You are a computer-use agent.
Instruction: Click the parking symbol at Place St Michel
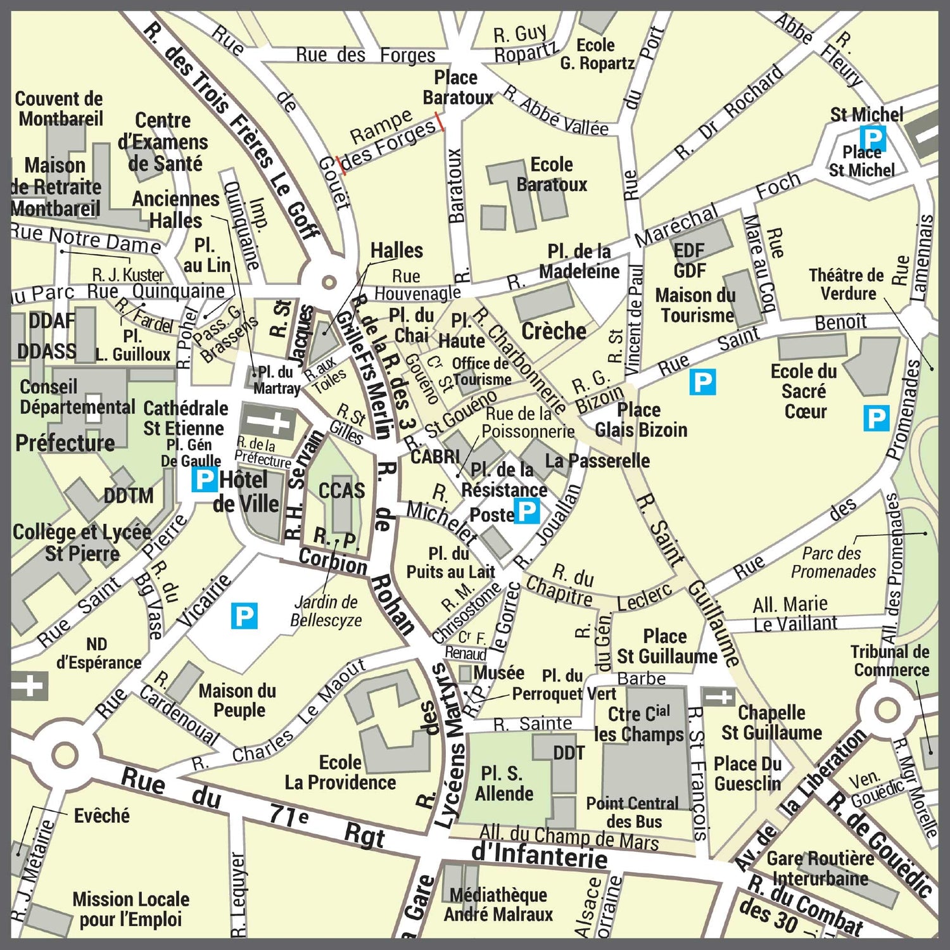872,138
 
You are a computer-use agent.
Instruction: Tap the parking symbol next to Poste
527,511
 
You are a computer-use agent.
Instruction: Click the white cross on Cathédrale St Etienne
270,422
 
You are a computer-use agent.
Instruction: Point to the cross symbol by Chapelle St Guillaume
718,697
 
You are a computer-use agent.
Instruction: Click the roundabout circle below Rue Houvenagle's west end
328,282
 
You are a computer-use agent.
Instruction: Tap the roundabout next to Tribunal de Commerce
887,709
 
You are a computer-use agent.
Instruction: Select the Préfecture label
65,443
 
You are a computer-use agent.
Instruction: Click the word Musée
498,673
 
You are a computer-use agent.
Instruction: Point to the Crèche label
554,331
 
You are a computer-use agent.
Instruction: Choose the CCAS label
341,491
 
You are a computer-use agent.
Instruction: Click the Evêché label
101,816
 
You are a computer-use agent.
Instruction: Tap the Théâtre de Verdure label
846,284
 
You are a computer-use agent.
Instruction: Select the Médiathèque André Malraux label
498,904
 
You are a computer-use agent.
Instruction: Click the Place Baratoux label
457,87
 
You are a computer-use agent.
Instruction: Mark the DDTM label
129,496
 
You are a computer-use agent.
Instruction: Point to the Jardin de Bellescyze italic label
326,611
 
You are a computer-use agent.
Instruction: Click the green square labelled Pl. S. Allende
500,783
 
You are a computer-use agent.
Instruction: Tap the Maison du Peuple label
237,700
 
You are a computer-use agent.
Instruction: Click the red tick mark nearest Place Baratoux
439,122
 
